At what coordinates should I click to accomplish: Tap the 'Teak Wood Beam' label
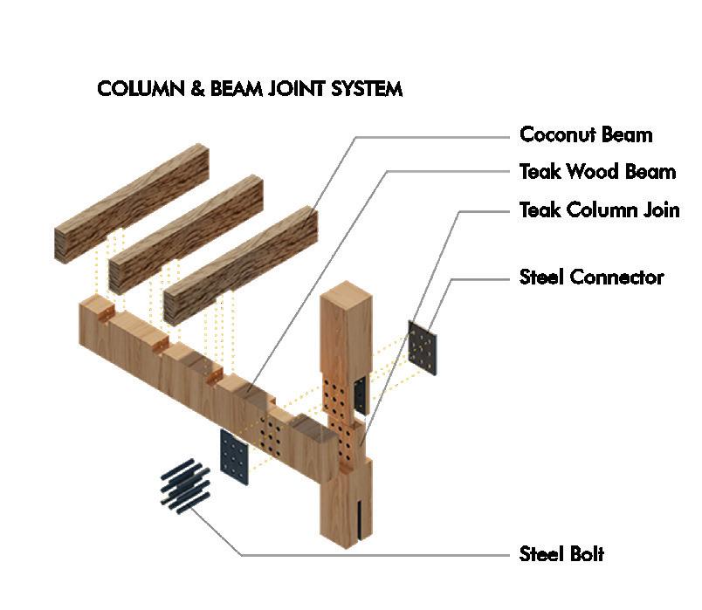coord(597,172)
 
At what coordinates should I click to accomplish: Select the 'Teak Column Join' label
coord(599,210)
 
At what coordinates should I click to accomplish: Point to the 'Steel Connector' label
coord(591,278)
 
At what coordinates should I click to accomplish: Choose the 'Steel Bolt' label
coord(561,553)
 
